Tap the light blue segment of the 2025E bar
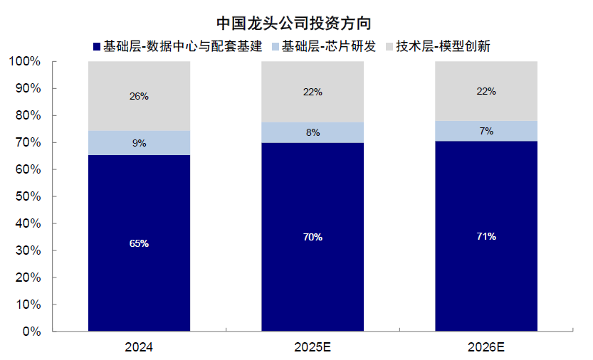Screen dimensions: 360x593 tap(313, 132)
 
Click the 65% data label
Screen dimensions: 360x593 tap(139, 243)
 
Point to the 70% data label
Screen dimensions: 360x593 tap(313, 237)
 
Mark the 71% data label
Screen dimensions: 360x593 tap(486, 236)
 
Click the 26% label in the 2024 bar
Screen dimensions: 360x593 tap(139, 96)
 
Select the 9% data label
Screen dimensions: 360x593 tap(139, 143)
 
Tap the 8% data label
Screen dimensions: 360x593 tap(313, 132)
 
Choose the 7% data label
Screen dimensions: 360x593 tap(486, 131)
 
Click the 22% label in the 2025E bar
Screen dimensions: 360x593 tap(313, 92)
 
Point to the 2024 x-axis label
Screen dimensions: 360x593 tap(139, 348)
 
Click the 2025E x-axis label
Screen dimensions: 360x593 tap(313, 348)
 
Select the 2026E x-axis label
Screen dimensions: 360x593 tap(486, 348)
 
